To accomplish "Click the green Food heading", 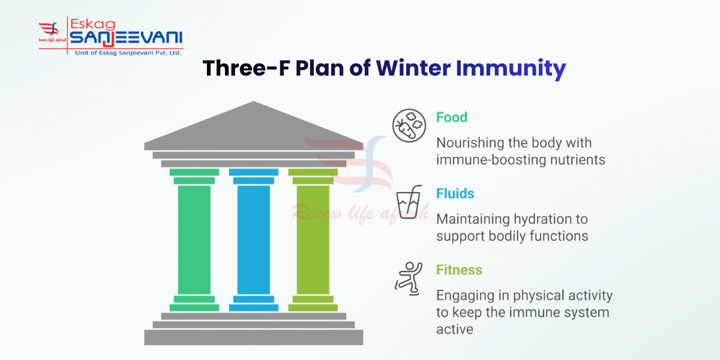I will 451,117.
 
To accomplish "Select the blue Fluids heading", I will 455,194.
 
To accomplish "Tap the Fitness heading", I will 459,270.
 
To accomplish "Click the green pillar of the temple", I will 194,240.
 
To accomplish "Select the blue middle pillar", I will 253,240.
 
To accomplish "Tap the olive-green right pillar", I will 313,240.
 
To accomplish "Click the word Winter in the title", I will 413,68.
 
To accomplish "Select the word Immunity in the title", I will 511,68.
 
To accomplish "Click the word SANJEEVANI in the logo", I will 126,38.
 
